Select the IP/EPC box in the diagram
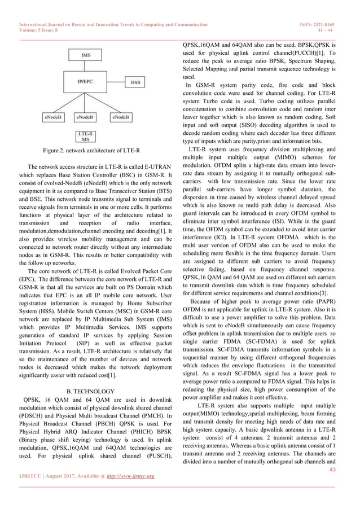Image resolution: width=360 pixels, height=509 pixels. (86, 82)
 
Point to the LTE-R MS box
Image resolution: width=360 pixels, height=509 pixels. (86, 136)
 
